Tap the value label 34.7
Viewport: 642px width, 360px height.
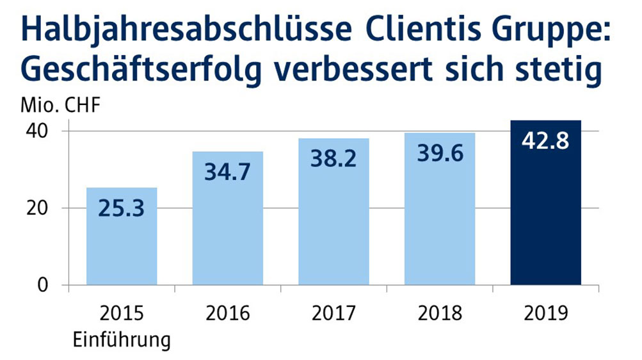[x=227, y=172]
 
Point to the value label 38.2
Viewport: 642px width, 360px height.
[x=333, y=159]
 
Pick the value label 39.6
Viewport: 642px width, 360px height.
[x=440, y=154]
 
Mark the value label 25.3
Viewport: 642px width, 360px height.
[x=122, y=208]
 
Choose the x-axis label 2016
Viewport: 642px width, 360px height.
[x=227, y=314]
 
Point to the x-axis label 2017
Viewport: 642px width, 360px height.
[x=333, y=314]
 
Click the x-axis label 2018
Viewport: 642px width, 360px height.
[x=440, y=314]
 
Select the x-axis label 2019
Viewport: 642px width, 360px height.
[x=545, y=314]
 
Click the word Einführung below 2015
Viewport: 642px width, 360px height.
[x=122, y=339]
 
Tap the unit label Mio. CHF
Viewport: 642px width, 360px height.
[x=61, y=106]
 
